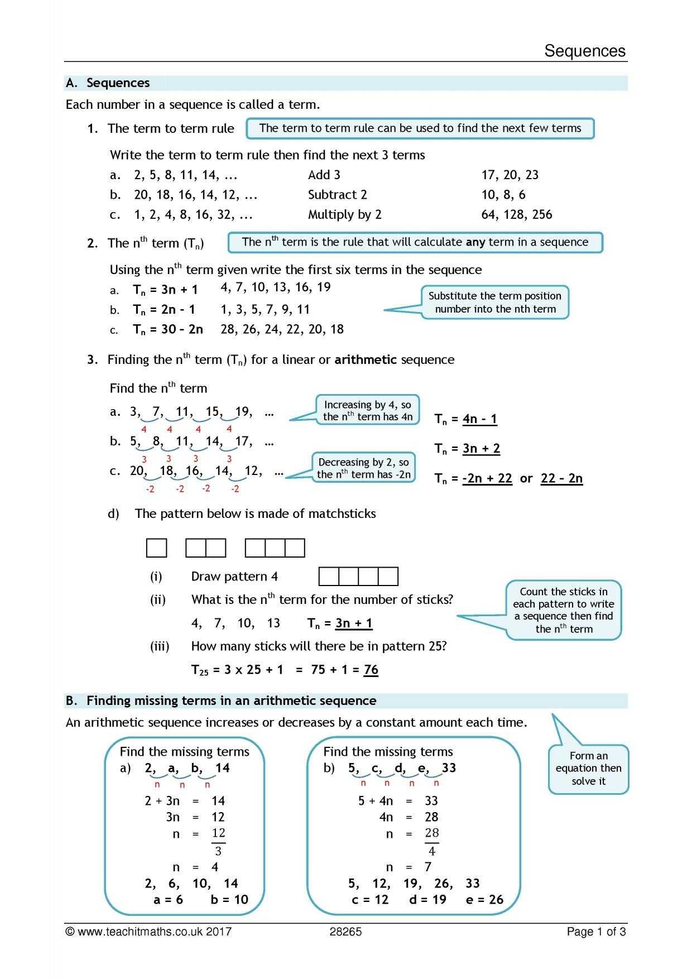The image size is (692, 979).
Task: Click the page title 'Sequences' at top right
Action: (x=585, y=51)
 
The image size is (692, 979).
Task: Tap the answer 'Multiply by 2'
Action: (x=344, y=215)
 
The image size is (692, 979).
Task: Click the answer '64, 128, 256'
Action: (x=516, y=215)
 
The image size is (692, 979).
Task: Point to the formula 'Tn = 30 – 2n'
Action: (x=167, y=329)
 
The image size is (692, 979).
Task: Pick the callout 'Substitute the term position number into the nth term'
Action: (x=495, y=303)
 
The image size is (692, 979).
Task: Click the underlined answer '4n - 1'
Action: (x=479, y=419)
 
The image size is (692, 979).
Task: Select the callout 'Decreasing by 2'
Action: (x=363, y=468)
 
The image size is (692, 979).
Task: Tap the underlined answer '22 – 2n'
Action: (x=561, y=478)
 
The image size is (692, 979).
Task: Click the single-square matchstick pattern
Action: (x=156, y=548)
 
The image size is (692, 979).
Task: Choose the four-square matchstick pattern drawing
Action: (x=358, y=577)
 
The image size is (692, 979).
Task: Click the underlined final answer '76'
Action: (x=371, y=670)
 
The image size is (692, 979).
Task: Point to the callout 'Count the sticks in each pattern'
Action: (x=563, y=610)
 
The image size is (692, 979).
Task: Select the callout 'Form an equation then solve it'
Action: (x=588, y=769)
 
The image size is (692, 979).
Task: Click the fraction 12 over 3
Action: (x=218, y=842)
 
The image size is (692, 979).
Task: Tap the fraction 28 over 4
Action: (x=432, y=842)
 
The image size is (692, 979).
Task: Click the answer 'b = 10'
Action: (x=229, y=900)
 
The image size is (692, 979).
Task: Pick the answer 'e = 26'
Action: (x=484, y=900)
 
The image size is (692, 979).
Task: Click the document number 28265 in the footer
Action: (x=345, y=932)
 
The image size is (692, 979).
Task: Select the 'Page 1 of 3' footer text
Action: (x=596, y=932)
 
